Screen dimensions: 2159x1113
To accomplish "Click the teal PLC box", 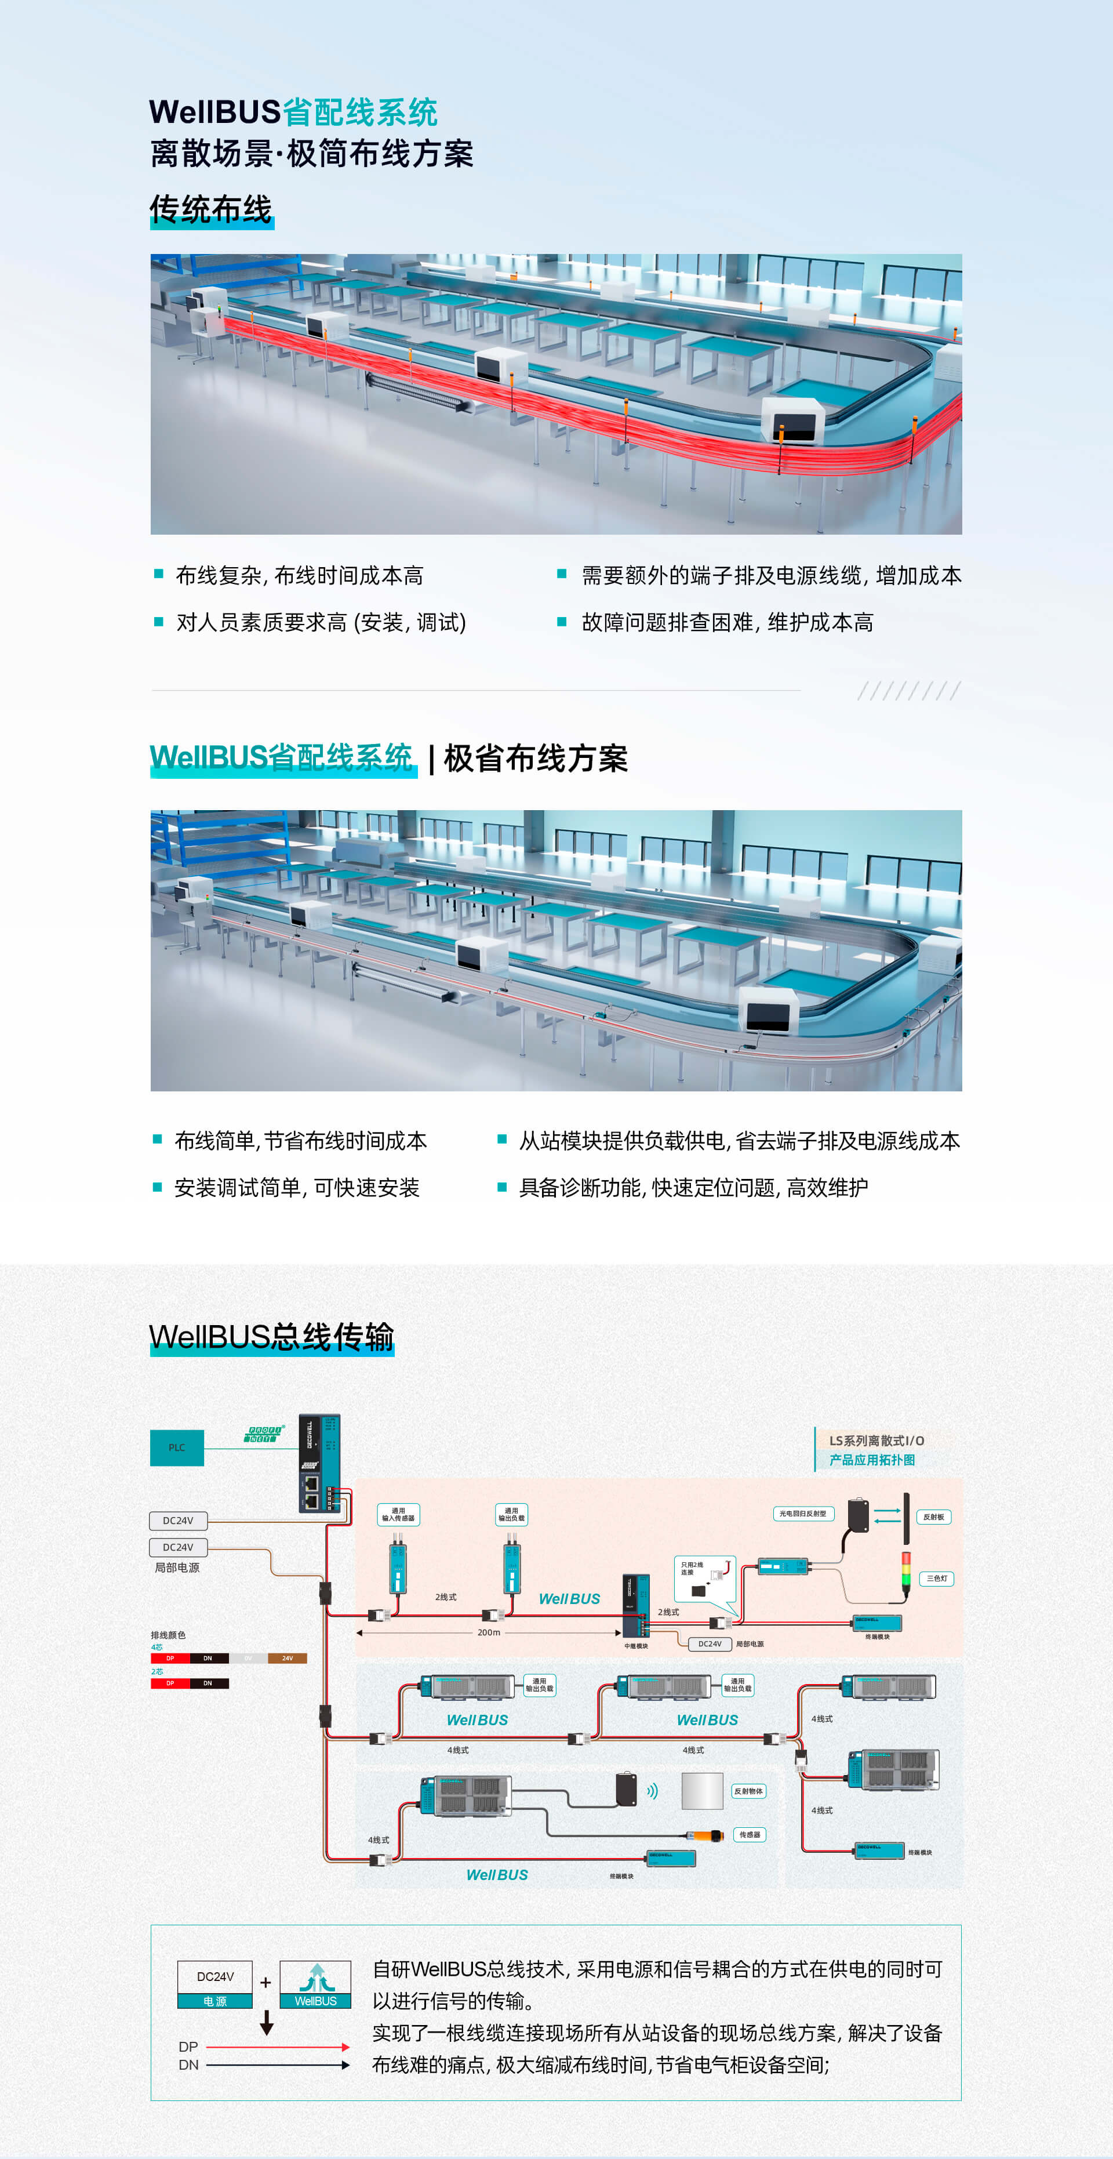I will (x=177, y=1447).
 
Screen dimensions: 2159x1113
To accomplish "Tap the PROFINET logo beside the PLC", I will (x=265, y=1434).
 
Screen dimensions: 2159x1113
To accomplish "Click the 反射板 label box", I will (x=934, y=1517).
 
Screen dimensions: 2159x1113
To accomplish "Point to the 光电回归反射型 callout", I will (x=803, y=1514).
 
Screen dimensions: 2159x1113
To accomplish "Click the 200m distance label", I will (x=489, y=1632).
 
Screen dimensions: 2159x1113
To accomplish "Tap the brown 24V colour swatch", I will (x=288, y=1658).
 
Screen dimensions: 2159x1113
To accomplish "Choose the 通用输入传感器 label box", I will (x=398, y=1515).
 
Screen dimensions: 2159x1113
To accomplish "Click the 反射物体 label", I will (x=748, y=1791).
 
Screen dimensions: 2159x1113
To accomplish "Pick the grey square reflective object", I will (x=703, y=1792).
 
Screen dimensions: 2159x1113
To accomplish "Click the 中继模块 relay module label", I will (x=635, y=1646).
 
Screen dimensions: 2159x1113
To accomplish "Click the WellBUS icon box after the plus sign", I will (x=315, y=1984).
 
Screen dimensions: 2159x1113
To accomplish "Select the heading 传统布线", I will (x=211, y=209).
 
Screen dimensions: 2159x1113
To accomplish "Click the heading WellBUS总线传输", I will (x=271, y=1336).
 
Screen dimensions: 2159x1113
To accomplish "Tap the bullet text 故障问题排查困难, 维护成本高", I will (x=726, y=622).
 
